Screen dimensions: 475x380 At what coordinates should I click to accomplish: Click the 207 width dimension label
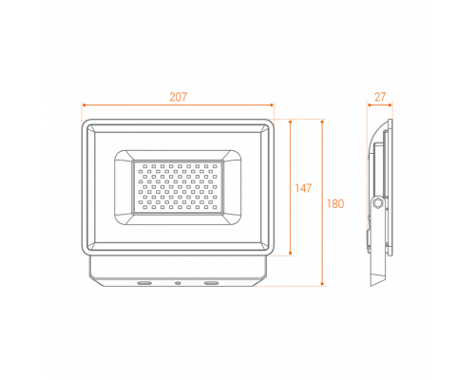pyautogui.click(x=179, y=97)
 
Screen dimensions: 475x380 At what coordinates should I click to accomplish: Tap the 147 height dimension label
pyautogui.click(x=303, y=188)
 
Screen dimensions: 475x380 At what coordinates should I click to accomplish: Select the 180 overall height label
pyautogui.click(x=335, y=203)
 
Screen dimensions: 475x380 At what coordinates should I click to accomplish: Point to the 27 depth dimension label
pyautogui.click(x=380, y=97)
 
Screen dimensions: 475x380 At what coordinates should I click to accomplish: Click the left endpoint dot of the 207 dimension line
pyautogui.click(x=84, y=104)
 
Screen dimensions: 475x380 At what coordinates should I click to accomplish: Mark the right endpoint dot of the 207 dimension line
pyautogui.click(x=272, y=104)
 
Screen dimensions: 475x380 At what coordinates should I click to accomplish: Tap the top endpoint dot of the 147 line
pyautogui.click(x=291, y=122)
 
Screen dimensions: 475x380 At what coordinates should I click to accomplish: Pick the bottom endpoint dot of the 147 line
pyautogui.click(x=291, y=253)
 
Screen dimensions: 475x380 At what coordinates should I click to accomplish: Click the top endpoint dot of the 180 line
pyautogui.click(x=322, y=122)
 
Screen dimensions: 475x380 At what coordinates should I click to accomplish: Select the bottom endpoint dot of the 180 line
pyautogui.click(x=322, y=284)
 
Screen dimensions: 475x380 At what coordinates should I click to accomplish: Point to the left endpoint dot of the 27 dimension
pyautogui.click(x=370, y=104)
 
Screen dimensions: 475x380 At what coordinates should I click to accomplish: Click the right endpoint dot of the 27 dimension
pyautogui.click(x=390, y=104)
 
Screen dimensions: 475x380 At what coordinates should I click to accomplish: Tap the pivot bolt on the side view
pyautogui.click(x=378, y=203)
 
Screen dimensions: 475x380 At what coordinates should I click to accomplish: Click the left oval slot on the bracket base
pyautogui.click(x=144, y=282)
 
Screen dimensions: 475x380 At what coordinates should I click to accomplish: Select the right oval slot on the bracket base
pyautogui.click(x=211, y=282)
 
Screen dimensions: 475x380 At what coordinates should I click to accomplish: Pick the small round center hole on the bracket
pyautogui.click(x=178, y=282)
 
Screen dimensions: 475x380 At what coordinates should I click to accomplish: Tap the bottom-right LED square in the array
pyautogui.click(x=215, y=208)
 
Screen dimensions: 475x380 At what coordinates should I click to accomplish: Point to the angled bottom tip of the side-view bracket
pyautogui.click(x=371, y=286)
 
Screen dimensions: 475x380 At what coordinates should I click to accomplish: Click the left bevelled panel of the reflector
pyautogui.click(x=123, y=187)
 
